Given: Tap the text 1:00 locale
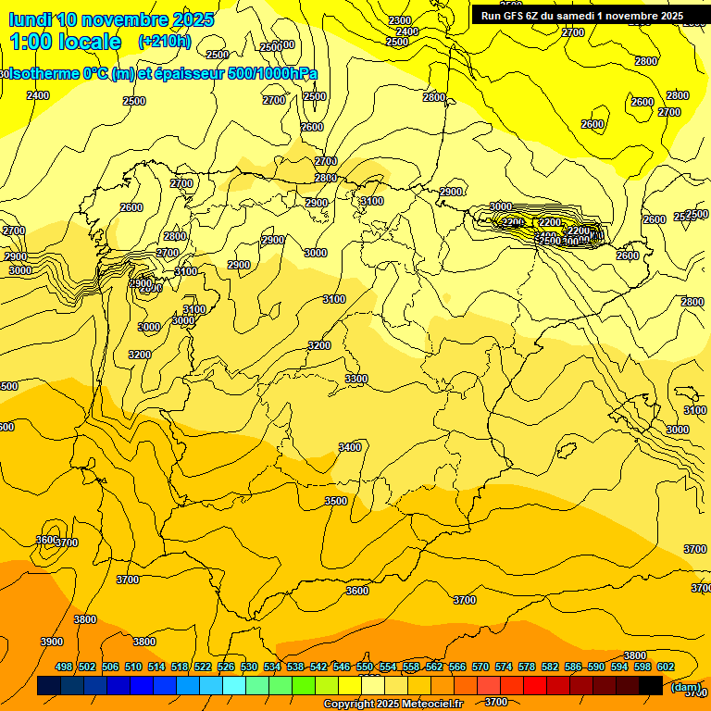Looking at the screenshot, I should tap(66, 42).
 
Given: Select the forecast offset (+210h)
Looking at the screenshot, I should tap(164, 42).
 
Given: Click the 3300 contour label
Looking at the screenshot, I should tap(355, 379).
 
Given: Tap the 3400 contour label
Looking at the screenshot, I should tap(350, 447).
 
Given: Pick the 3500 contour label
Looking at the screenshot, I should tap(335, 501).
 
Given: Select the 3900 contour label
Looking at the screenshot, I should tap(52, 642).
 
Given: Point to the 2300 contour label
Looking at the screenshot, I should tap(400, 20).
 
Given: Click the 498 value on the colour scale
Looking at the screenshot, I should tap(64, 667).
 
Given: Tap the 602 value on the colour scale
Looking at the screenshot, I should tap(666, 667).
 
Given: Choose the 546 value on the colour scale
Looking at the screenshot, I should tap(342, 667).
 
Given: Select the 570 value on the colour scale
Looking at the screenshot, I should tap(480, 667).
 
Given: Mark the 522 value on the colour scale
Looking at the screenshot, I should tap(203, 667).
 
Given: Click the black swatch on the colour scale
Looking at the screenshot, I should tap(651, 685).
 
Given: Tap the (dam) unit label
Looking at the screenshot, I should tap(686, 686).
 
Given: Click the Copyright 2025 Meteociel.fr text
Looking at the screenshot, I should tap(393, 704).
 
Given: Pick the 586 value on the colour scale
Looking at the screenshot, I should tap(573, 667).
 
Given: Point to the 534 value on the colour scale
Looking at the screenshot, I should tap(272, 667).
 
